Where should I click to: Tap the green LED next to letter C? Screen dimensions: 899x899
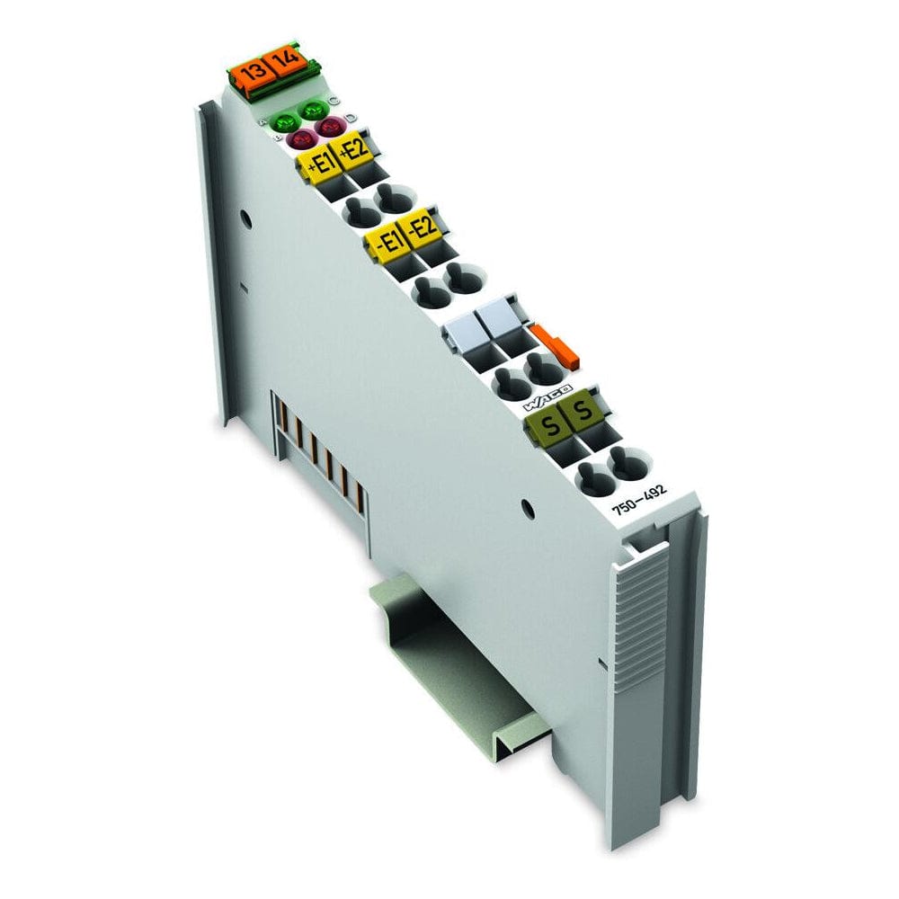click(315, 111)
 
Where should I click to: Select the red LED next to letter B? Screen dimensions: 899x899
click(300, 139)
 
